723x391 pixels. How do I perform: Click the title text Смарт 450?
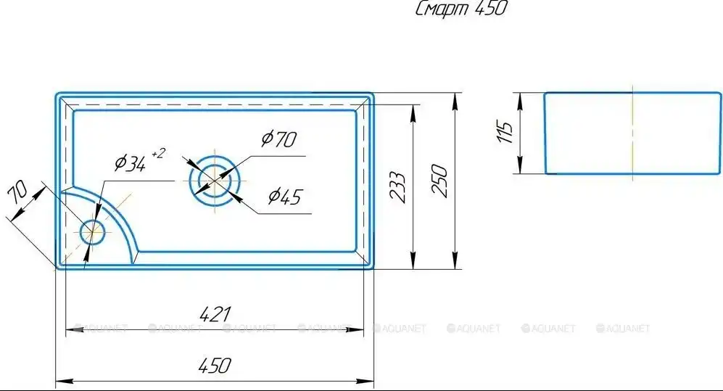[x=460, y=8]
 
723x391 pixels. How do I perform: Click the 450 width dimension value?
[x=215, y=366]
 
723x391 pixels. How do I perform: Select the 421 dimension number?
[x=215, y=314]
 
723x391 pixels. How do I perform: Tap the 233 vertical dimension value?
[x=397, y=187]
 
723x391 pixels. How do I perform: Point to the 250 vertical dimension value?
[x=439, y=181]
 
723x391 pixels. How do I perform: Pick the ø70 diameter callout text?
[x=279, y=139]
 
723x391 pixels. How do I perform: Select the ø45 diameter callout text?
[x=285, y=197]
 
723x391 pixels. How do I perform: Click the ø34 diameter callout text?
[x=131, y=163]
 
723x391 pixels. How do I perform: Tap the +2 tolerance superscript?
[x=157, y=153]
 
